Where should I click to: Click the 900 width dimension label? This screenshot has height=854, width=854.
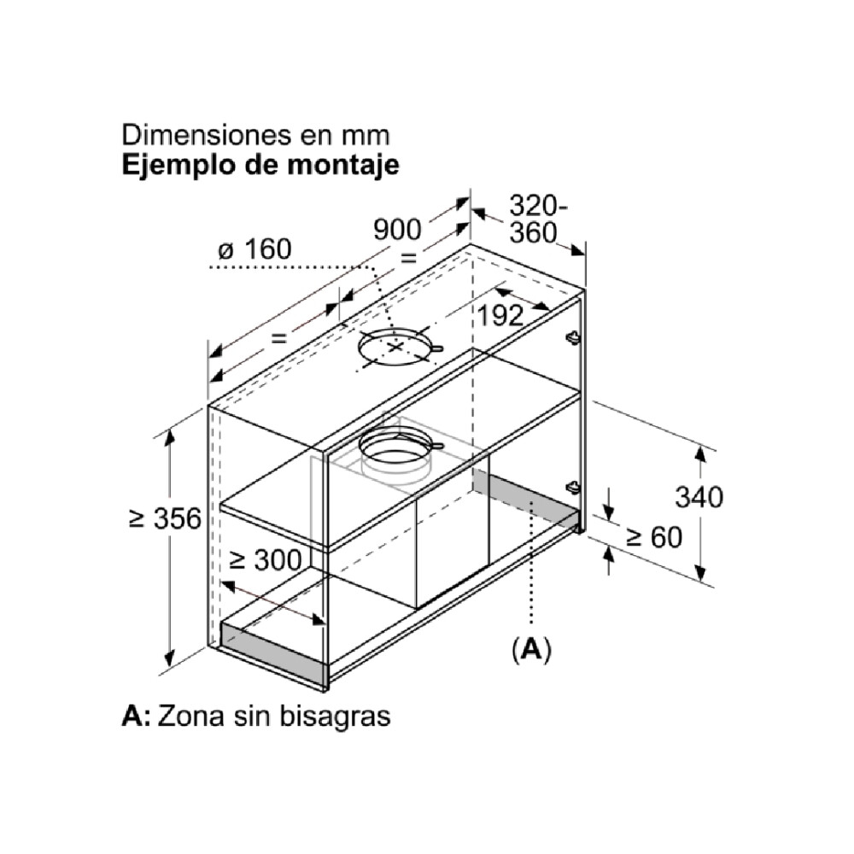click(397, 230)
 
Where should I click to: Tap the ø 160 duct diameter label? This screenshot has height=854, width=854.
click(254, 249)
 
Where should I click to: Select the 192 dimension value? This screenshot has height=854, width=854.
click(500, 315)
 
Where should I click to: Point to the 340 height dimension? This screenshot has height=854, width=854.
click(699, 497)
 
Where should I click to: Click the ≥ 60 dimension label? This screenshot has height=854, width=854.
click(654, 537)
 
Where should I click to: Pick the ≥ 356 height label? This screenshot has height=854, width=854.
click(166, 518)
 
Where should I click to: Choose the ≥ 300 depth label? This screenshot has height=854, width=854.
click(266, 560)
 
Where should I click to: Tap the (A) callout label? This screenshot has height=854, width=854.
click(531, 649)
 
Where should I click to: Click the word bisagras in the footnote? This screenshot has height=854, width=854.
click(335, 717)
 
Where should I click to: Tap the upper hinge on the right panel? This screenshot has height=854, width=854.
click(574, 338)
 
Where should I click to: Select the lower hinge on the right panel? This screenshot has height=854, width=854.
click(574, 487)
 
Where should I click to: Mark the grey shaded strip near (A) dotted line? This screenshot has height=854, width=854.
click(525, 499)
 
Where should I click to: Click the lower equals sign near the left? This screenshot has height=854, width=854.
click(279, 338)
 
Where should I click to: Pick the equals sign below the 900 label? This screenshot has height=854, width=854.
click(408, 258)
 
